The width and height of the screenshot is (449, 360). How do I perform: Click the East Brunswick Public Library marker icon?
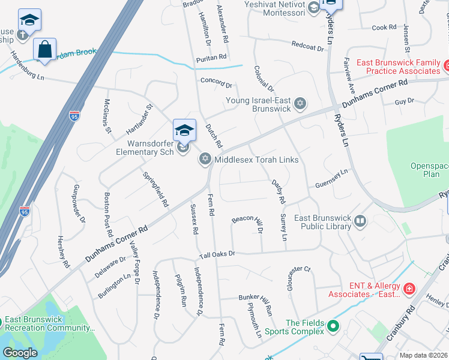[x=360, y=221]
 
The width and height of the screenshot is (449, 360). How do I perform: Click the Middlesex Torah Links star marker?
[x=205, y=159]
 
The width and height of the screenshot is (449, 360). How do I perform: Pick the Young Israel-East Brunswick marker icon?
[x=301, y=104]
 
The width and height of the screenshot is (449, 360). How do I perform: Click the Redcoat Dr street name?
[x=307, y=45]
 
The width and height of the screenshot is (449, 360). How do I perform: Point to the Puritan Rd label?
[x=211, y=58]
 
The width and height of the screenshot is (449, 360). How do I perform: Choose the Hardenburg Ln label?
[x=27, y=65]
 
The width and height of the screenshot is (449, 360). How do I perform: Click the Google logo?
[x=20, y=353]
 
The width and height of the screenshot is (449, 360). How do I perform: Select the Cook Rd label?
[x=384, y=28]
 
